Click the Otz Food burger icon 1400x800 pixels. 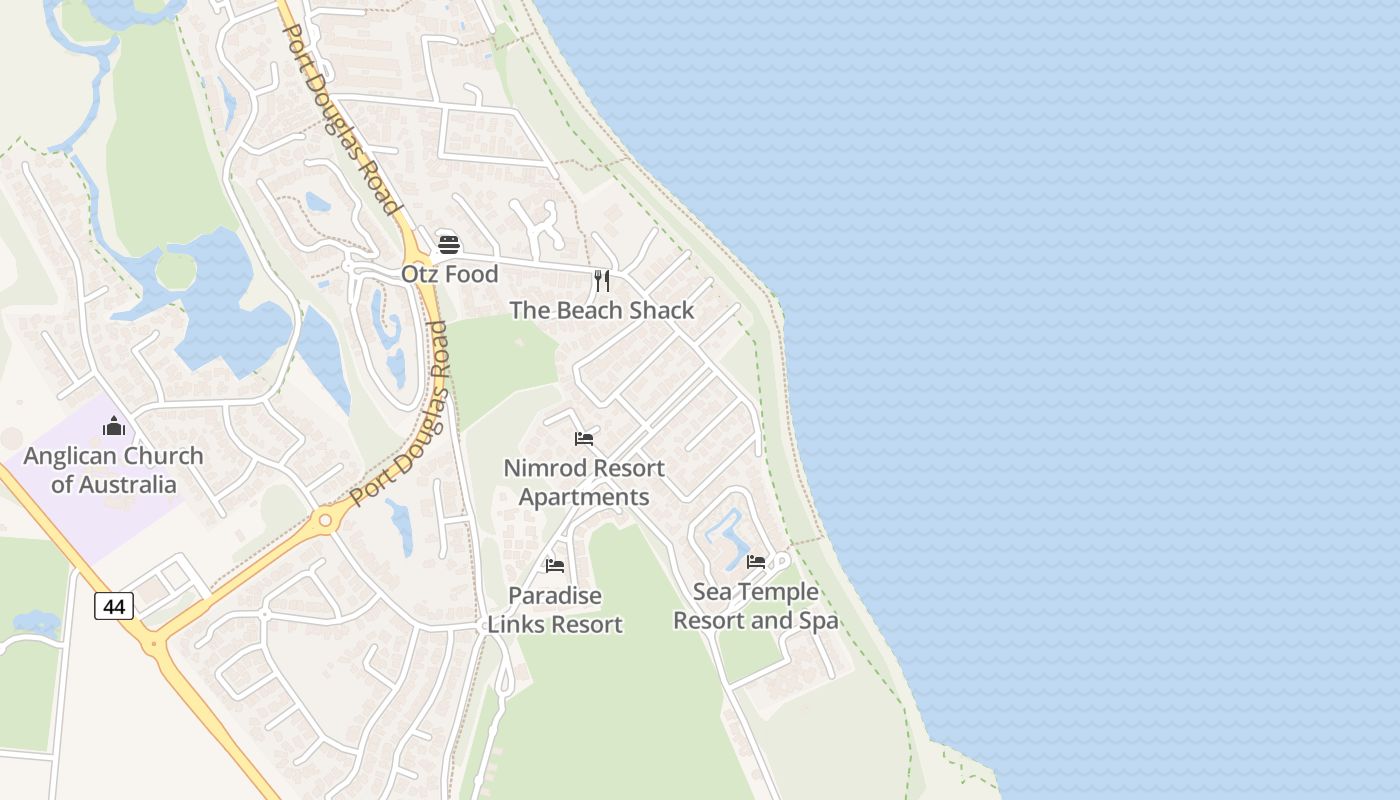click(449, 245)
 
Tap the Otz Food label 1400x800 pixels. click(449, 274)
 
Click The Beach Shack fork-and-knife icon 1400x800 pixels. click(601, 281)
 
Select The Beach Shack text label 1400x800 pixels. click(601, 311)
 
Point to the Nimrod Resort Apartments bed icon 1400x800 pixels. click(584, 439)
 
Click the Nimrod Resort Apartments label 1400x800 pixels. click(584, 482)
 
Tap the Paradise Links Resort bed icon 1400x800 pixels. click(555, 566)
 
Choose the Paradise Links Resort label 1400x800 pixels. click(555, 610)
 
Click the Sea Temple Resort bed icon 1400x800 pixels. click(756, 562)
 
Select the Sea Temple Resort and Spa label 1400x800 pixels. click(756, 606)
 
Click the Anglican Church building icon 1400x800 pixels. click(114, 426)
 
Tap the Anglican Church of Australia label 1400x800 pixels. click(113, 470)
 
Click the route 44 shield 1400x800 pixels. click(114, 605)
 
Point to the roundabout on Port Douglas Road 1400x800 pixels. click(325, 520)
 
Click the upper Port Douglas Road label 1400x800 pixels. click(340, 118)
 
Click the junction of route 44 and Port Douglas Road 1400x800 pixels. click(155, 641)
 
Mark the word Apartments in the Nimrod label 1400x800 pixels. click(584, 497)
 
